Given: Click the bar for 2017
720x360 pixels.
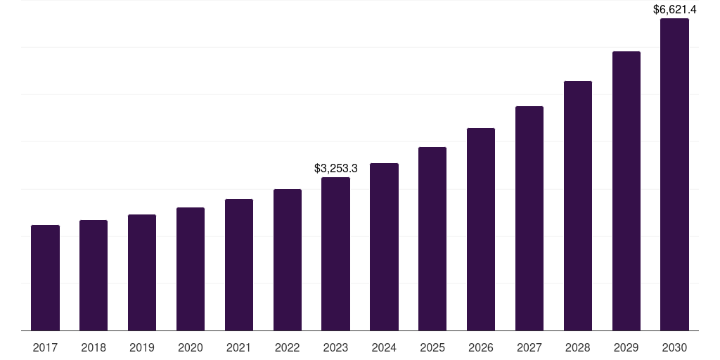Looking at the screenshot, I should pos(45,278).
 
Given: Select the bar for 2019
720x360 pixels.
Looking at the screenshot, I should pos(142,272).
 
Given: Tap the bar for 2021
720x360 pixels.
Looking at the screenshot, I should pos(239,264).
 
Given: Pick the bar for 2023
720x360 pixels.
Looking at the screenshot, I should pos(335,254).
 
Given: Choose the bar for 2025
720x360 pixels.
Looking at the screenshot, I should pos(432,238).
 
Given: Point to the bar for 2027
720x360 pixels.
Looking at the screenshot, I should pos(529,218).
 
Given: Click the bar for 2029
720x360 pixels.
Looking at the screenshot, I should pos(626,191).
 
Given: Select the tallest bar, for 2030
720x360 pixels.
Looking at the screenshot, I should pos(674,174).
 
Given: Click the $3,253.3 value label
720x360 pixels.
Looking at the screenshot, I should pos(335,169).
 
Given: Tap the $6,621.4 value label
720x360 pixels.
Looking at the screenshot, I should pos(674,10).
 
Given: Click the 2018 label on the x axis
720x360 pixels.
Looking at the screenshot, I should pos(94,347).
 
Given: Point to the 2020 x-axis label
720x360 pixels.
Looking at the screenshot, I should pos(191,347).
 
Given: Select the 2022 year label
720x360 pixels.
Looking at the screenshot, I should pos(287,347).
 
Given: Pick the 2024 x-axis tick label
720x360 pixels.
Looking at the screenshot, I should pos(384,347).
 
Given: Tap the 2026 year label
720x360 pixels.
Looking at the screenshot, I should pos(481,347).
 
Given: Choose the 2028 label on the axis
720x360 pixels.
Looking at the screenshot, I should pos(578,347).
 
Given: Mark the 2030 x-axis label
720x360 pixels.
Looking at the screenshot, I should pos(674,347).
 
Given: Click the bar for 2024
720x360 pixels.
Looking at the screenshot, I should pos(384,247).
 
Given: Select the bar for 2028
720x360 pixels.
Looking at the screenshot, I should pos(578,205).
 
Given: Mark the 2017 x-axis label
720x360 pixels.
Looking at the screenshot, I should pos(45,347).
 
